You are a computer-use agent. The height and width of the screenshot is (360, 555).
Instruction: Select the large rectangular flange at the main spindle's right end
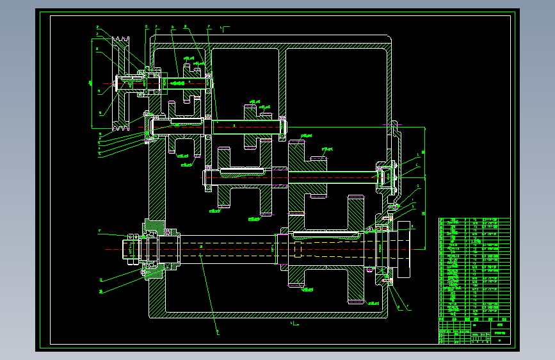pyautogui.click(x=405, y=249)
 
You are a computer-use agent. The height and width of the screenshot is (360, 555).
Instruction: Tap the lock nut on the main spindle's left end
pyautogui.click(x=131, y=248)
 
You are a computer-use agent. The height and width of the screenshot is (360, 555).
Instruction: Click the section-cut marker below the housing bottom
pyautogui.click(x=294, y=324)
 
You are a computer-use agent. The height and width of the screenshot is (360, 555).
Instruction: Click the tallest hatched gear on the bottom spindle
pyautogui.click(x=356, y=250)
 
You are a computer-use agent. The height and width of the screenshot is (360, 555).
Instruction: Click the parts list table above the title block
pyautogui.click(x=474, y=266)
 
